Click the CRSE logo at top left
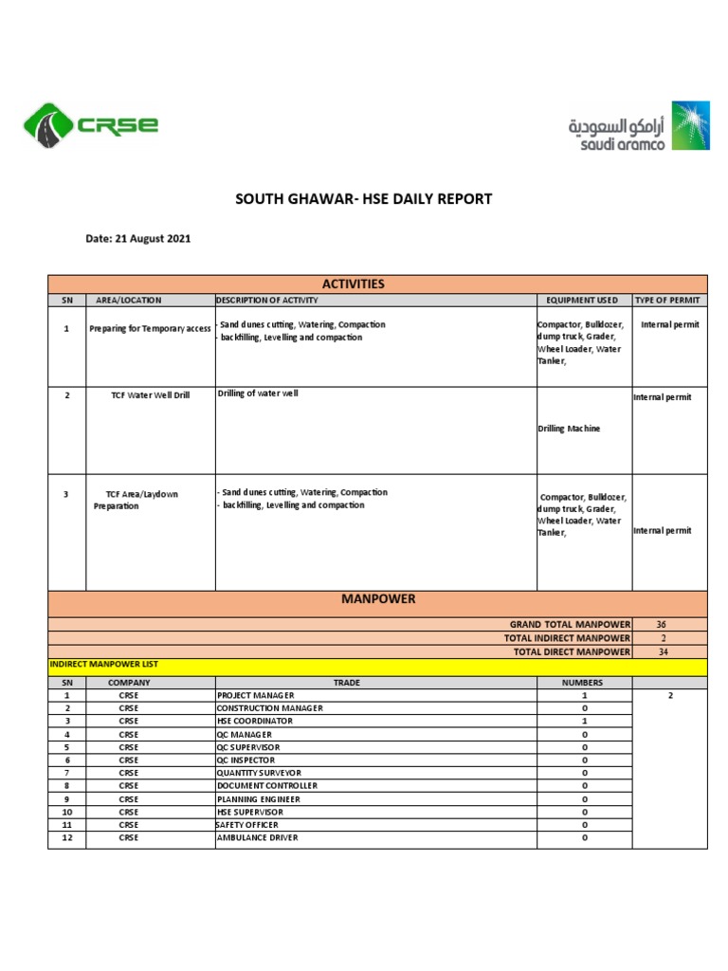[x=90, y=125]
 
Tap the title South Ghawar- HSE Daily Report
[x=363, y=199]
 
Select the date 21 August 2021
[x=138, y=239]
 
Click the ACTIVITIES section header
[x=353, y=284]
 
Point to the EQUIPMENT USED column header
[x=582, y=301]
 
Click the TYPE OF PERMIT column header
[x=668, y=301]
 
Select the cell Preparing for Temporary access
[x=150, y=328]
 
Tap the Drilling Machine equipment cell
[x=569, y=429]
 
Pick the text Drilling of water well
[x=258, y=394]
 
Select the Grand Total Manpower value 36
[x=660, y=625]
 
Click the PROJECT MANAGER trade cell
[x=256, y=695]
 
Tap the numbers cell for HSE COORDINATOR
[x=585, y=721]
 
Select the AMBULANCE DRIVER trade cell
[x=258, y=838]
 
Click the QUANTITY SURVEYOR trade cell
[x=262, y=773]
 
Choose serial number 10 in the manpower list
[x=66, y=813]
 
